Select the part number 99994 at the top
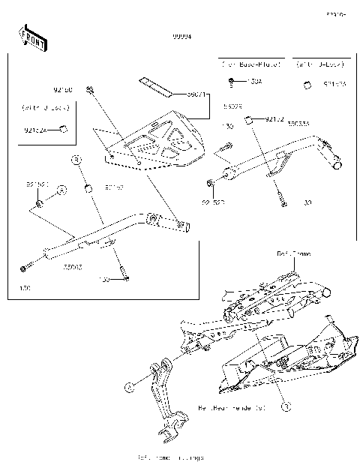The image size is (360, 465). (181, 36)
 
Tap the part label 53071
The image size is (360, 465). (197, 95)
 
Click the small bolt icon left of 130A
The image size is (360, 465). (233, 81)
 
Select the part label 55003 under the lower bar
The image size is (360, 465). (72, 266)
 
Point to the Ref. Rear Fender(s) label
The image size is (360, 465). (241, 409)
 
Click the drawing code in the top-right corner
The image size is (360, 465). (334, 13)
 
